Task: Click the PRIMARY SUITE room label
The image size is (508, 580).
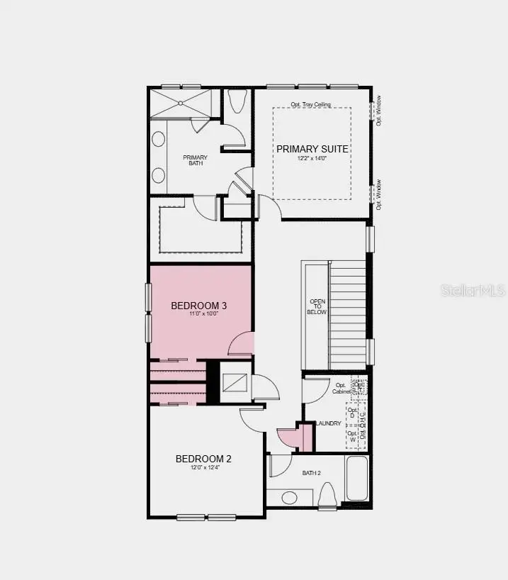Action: coord(312,149)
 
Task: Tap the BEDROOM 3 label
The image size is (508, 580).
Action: coord(199,306)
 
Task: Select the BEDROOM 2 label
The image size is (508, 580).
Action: coord(203,459)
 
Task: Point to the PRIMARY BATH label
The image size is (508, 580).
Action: coord(195,160)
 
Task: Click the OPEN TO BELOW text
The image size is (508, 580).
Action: coord(316,306)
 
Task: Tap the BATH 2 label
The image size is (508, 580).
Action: coord(312,472)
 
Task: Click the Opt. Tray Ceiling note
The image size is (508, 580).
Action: coord(311,105)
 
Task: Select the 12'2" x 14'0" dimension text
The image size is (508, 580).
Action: coord(312,160)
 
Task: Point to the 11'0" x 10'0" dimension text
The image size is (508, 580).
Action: coord(199,315)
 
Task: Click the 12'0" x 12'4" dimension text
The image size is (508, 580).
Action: coord(203,469)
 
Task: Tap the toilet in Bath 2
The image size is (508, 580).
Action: coord(327,494)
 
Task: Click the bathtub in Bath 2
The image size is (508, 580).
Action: coord(357,479)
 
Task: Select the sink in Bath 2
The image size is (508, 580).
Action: coord(290,497)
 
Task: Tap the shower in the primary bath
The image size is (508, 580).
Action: coord(181,103)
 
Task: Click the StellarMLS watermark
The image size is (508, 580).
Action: coord(473,290)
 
